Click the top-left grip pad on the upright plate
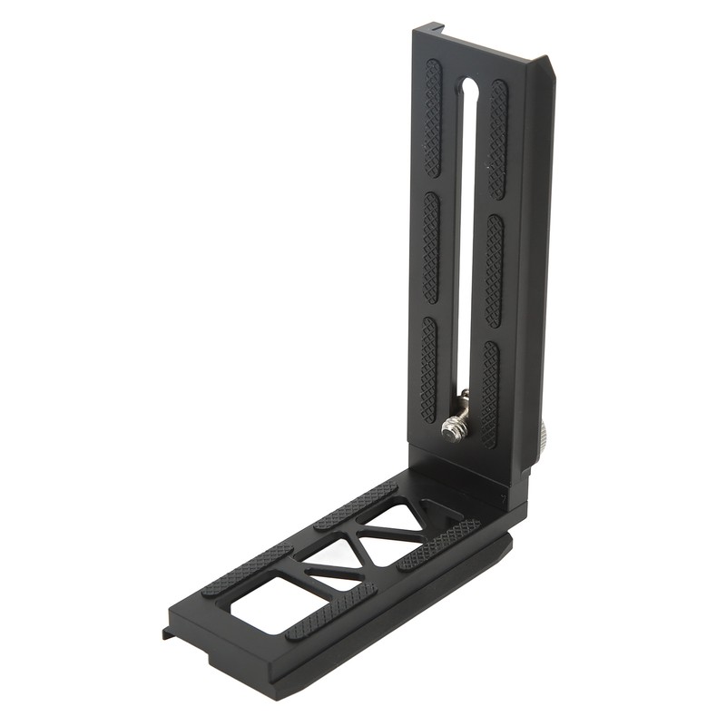coord(433,118)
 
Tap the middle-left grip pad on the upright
coord(431,248)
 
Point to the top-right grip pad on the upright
coord(498,139)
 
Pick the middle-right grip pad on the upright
coord(494,270)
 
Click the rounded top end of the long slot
coord(469,88)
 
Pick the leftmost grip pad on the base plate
coord(247,571)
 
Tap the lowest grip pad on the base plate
coord(330,611)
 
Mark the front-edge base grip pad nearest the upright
coord(439,545)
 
